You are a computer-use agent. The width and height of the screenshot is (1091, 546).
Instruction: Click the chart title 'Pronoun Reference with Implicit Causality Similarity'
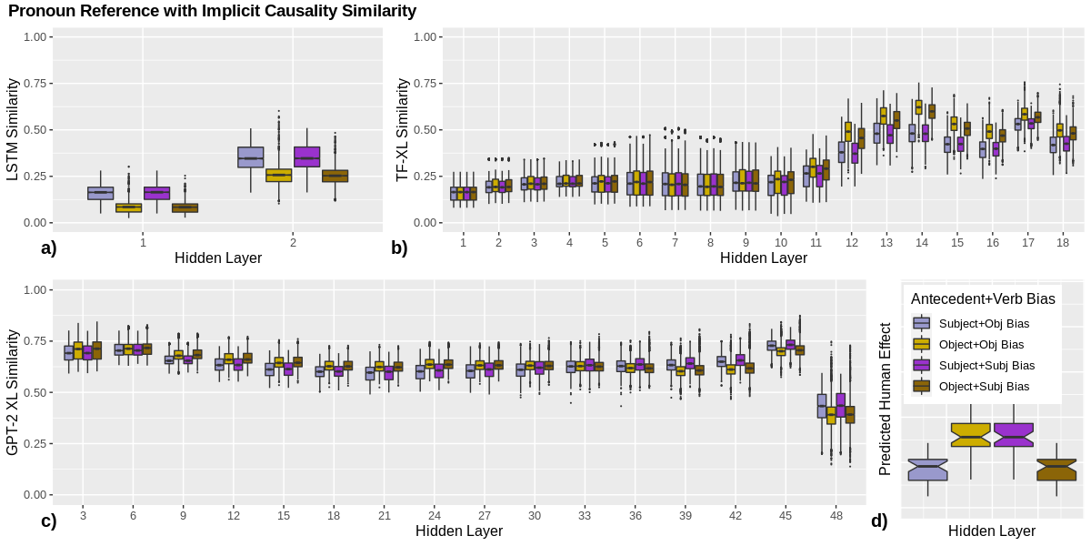212,12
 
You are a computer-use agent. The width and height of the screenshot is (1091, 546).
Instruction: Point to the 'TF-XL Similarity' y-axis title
403,130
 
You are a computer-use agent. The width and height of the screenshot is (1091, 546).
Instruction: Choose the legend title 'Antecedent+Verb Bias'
983,298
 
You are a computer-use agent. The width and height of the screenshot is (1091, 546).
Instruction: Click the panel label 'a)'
49,248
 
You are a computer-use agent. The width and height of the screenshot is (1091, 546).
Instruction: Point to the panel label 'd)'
879,521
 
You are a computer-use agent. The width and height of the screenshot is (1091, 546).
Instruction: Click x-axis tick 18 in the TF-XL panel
1062,242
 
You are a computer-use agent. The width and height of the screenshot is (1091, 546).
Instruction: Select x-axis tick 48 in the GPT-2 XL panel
836,516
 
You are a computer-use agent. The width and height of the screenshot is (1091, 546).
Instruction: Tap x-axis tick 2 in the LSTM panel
293,242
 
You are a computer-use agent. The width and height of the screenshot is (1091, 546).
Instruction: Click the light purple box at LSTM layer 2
251,157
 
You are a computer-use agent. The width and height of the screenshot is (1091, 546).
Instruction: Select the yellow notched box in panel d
971,435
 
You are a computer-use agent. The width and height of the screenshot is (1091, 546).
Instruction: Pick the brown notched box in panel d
1056,470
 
